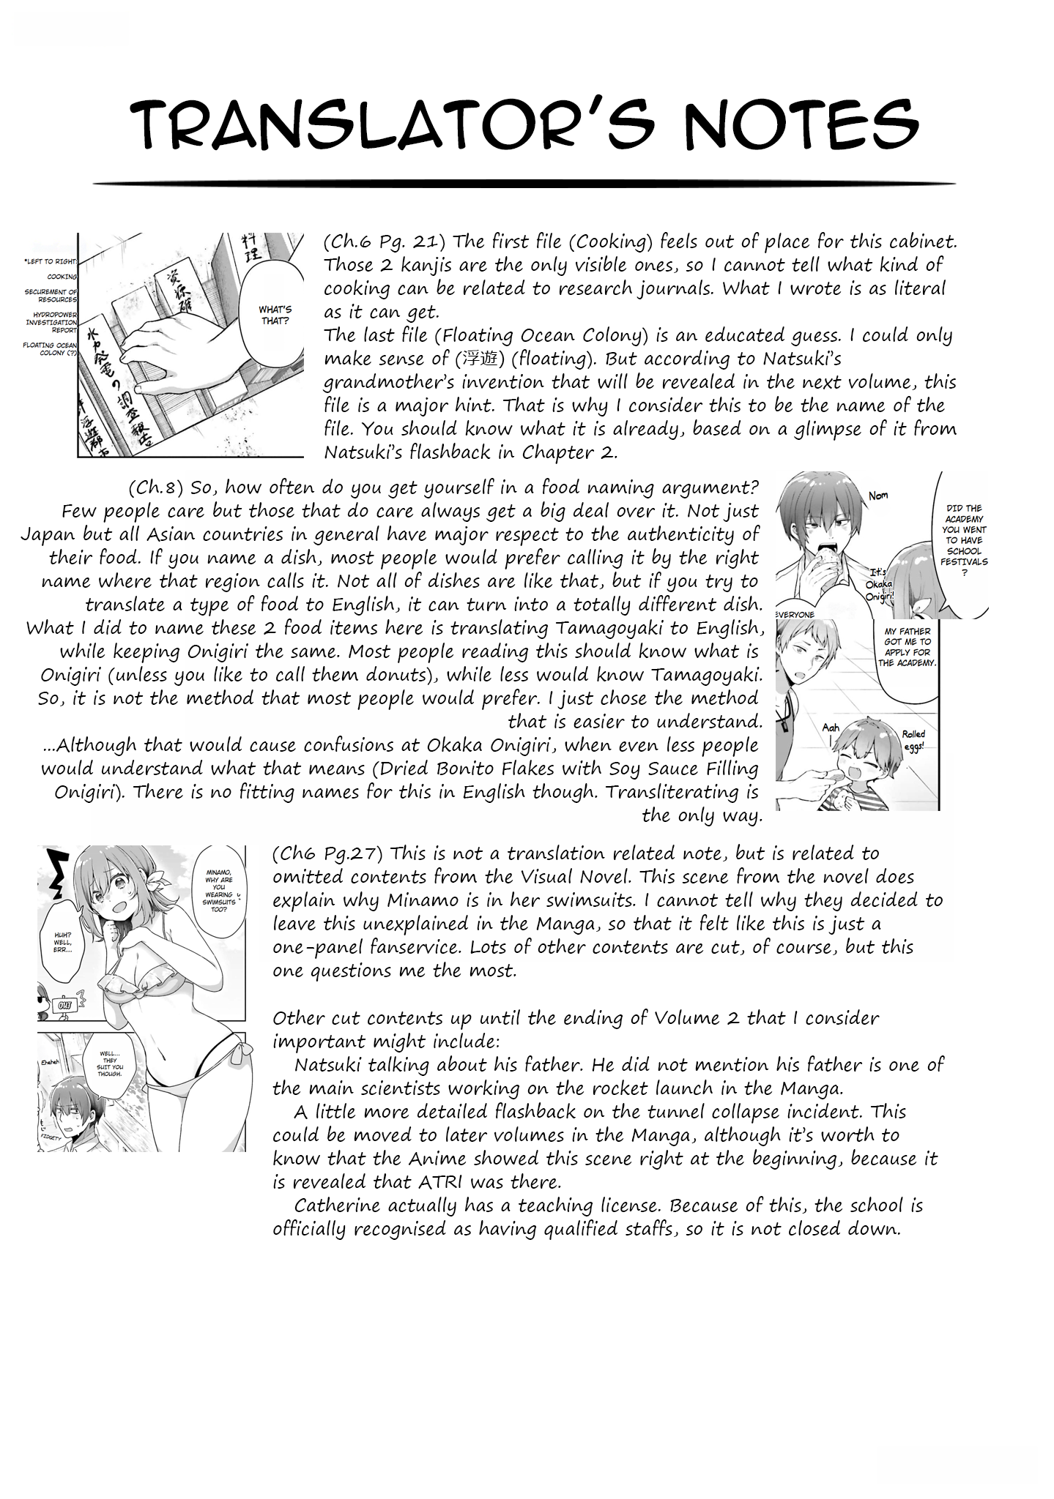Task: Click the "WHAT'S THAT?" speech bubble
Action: point(275,315)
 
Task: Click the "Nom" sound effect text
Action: point(878,496)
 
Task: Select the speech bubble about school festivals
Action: point(963,539)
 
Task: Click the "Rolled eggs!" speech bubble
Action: point(913,739)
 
